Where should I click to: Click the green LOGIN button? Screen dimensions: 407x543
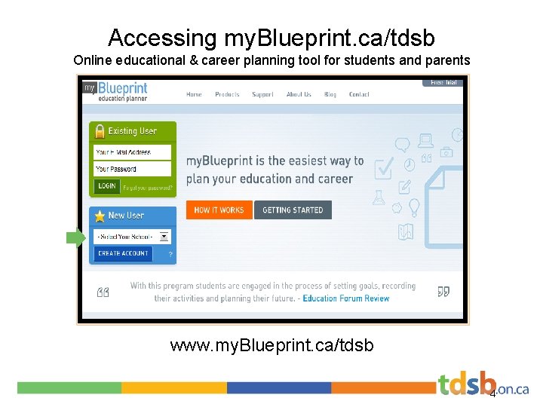tap(107, 185)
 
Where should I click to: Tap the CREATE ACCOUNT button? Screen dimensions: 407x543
tap(124, 253)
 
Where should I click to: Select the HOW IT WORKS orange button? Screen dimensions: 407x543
tap(219, 210)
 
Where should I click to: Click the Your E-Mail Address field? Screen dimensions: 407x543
tap(132, 152)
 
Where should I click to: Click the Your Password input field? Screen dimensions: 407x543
tap(132, 169)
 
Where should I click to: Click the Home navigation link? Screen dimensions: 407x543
tap(194, 94)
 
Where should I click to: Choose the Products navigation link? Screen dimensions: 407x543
tap(227, 94)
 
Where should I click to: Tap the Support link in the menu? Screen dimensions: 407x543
tap(262, 94)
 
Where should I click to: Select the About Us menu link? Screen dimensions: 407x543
tap(299, 94)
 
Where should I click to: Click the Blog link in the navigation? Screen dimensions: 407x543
tap(330, 94)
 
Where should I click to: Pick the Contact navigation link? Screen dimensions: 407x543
tap(359, 94)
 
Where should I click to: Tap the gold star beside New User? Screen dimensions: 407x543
tap(100, 216)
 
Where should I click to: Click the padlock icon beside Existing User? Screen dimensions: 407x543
tap(100, 132)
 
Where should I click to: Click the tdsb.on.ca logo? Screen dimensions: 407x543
tap(483, 385)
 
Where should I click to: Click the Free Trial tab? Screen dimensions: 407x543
tap(443, 82)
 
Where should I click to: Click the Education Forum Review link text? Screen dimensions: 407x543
tap(346, 298)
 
